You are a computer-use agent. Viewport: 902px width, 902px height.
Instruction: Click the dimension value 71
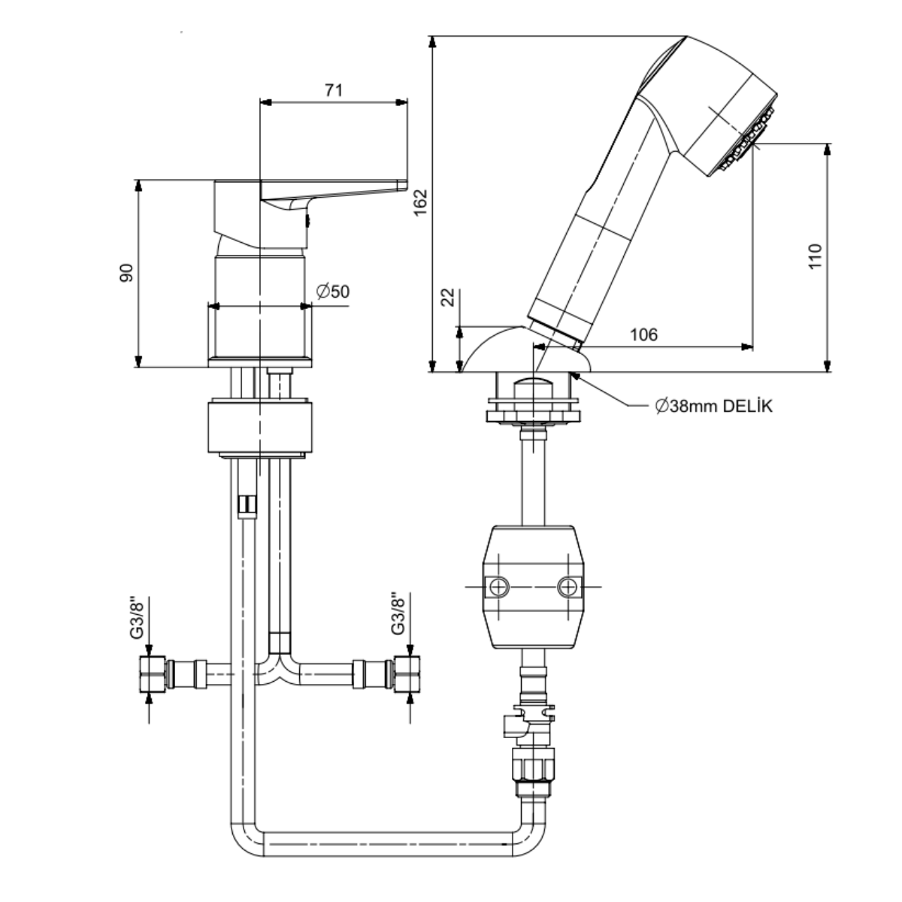coord(334,90)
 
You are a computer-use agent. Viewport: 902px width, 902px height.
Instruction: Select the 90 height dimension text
coord(126,273)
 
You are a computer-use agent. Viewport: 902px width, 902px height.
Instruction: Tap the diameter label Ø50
coord(333,292)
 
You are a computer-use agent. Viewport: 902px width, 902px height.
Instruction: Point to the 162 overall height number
coord(421,202)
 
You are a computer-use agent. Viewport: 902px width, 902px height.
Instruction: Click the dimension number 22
coord(448,297)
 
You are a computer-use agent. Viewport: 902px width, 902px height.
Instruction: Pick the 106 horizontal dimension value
coord(643,334)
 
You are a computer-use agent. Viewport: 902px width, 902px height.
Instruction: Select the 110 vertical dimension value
coord(815,256)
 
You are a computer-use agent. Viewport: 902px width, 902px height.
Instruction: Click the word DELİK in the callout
coord(747,406)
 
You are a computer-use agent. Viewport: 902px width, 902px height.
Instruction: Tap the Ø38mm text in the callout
coord(687,406)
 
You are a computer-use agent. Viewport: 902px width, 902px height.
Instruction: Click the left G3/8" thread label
coord(136,617)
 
